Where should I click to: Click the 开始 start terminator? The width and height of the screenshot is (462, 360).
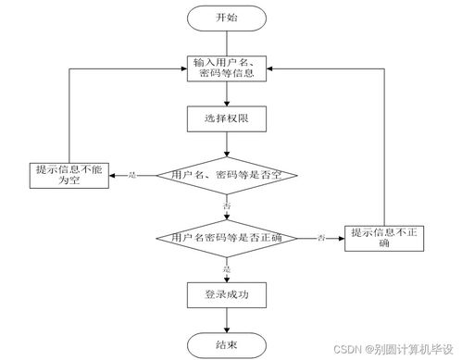tap(226, 18)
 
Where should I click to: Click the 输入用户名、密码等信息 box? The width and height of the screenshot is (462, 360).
tap(226, 68)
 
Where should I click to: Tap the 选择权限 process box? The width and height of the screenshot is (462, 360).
tap(226, 119)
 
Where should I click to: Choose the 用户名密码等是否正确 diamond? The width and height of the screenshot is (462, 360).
tap(226, 238)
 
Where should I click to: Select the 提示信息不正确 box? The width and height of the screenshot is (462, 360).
tap(384, 238)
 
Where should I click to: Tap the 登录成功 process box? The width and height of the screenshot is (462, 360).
tap(226, 295)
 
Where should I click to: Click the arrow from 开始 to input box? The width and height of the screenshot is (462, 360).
tap(226, 42)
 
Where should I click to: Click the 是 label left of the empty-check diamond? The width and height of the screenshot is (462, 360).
tap(131, 174)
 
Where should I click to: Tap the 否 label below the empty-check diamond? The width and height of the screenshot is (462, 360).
tap(226, 205)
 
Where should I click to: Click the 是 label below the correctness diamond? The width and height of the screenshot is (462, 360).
tap(226, 267)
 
